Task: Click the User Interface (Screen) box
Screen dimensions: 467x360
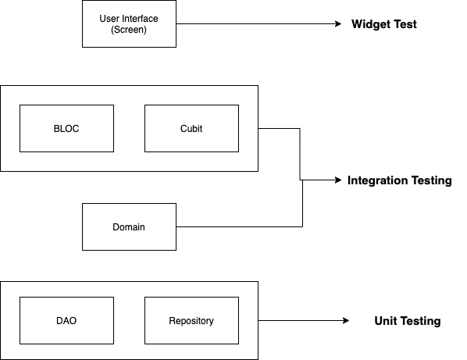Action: point(129,24)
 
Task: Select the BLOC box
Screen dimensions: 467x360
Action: point(66,128)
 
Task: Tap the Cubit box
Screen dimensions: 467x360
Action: point(191,128)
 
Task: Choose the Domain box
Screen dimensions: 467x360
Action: point(129,227)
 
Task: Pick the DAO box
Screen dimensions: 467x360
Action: point(66,320)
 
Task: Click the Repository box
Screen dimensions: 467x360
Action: point(191,320)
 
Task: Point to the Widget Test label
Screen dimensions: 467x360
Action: point(384,24)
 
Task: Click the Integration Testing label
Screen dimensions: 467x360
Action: point(399,180)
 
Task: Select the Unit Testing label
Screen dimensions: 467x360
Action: point(408,321)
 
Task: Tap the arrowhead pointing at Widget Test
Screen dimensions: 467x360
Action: point(338,24)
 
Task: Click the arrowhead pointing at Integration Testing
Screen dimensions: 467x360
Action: point(338,180)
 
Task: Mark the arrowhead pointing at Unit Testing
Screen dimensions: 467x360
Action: point(346,320)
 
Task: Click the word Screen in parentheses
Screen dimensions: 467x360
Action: point(129,30)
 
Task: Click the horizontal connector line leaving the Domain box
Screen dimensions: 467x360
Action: point(240,227)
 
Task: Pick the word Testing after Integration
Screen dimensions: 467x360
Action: point(432,180)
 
